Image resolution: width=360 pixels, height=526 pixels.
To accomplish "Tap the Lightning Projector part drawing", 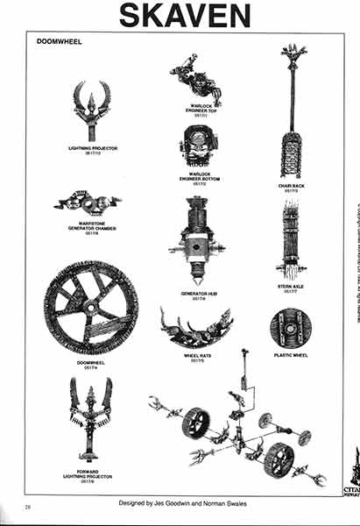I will click(92, 111).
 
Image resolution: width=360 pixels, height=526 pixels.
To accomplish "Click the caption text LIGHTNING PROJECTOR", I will click(93, 149).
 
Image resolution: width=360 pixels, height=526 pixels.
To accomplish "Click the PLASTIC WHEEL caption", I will click(290, 354).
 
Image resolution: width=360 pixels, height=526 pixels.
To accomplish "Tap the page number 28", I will click(28, 506).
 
